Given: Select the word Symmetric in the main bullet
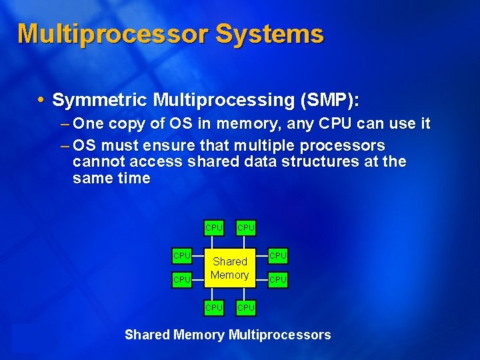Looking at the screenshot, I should point(100,100).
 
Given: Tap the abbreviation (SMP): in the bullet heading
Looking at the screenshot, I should point(329,100).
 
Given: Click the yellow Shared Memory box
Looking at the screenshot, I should point(229,268).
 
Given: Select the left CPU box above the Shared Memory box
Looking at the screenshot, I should point(214,228).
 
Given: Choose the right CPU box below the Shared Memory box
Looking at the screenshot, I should point(246,308).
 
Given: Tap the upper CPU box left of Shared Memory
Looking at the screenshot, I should point(182,255).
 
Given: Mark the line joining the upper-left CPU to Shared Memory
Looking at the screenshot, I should point(197,255).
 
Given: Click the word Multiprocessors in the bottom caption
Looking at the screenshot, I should point(279,335).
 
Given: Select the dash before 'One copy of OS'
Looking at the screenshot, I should point(65,124).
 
